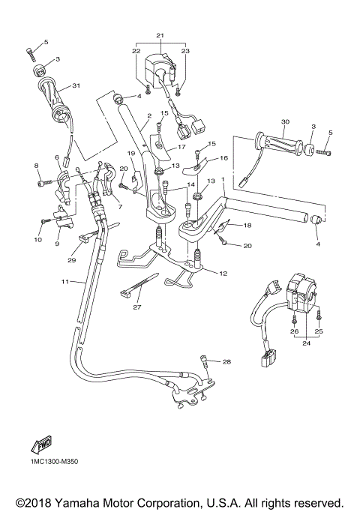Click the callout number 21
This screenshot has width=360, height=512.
pyautogui.click(x=159, y=36)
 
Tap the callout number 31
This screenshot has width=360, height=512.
pyautogui.click(x=75, y=85)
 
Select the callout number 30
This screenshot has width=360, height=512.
pyautogui.click(x=284, y=122)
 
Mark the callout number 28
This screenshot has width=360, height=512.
pyautogui.click(x=227, y=362)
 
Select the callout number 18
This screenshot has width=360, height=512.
pyautogui.click(x=248, y=224)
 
